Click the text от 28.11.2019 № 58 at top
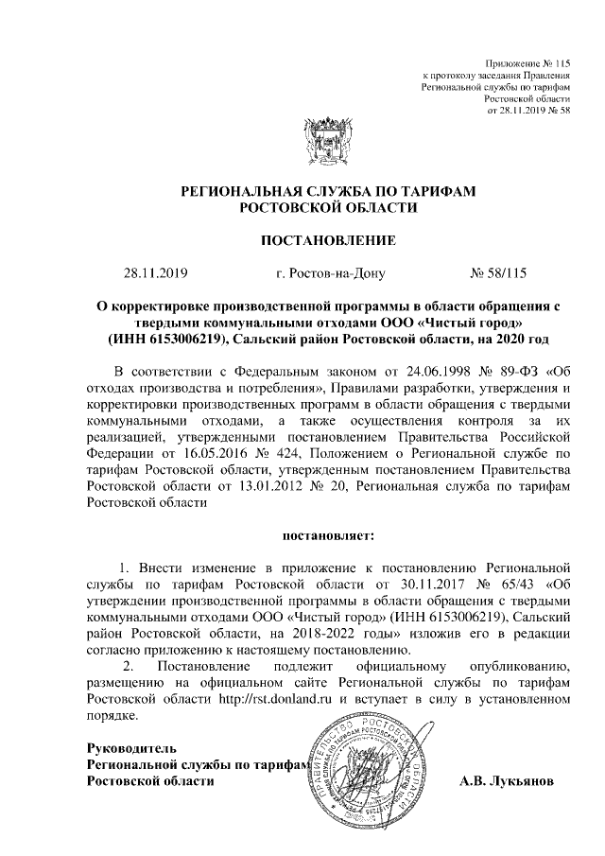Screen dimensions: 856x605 point(528,110)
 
